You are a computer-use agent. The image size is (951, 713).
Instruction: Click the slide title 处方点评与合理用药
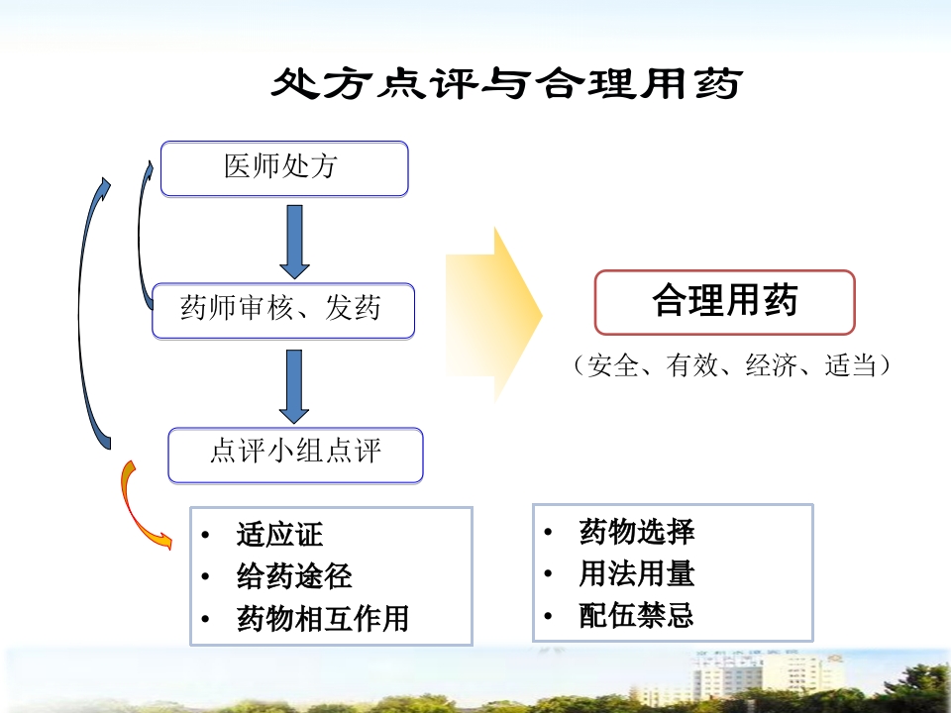point(506,84)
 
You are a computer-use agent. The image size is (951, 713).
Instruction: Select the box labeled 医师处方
point(283,167)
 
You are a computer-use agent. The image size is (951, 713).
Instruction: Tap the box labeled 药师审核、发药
point(281,310)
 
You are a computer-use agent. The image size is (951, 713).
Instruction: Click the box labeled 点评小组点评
point(295,454)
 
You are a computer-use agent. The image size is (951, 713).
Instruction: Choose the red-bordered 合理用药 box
point(724,302)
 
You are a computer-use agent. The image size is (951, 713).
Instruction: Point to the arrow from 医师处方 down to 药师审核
point(294,242)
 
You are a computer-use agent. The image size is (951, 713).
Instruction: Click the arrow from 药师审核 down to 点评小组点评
point(294,385)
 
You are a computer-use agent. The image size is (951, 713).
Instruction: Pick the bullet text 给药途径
point(294,576)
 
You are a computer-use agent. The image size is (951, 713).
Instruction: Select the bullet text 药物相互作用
point(323,619)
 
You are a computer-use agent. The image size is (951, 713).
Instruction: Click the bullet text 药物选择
point(636,532)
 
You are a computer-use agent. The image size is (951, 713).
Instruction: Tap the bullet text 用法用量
point(636,574)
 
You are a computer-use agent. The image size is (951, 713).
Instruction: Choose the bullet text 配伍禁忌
point(636,616)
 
